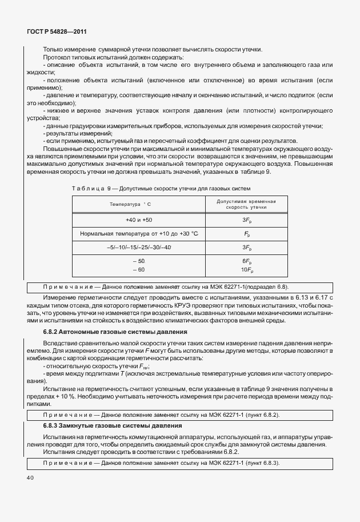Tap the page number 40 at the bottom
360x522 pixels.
click(29, 477)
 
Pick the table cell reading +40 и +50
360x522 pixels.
click(139, 220)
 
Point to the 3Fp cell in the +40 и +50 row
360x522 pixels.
click(246, 220)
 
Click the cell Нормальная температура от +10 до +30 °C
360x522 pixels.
click(139, 234)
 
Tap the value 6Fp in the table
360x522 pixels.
click(246, 261)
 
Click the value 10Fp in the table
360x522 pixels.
click(246, 269)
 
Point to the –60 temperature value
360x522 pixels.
click(139, 269)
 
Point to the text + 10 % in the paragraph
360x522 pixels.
click(73, 396)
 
